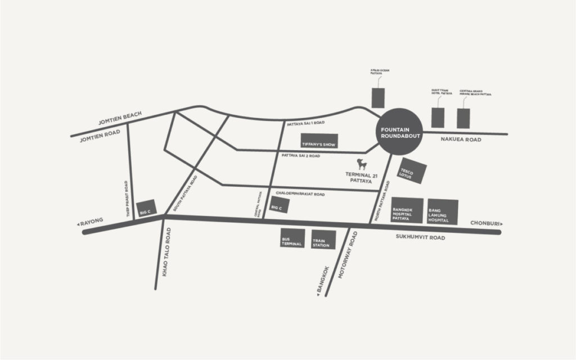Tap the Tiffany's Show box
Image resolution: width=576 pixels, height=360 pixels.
[x=318, y=142]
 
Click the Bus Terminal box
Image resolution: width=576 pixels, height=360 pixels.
[x=292, y=238]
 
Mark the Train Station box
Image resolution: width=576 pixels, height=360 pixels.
[x=323, y=238]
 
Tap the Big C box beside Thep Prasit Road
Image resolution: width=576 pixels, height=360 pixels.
[x=146, y=208]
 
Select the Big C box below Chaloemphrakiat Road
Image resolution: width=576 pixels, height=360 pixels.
[x=280, y=205]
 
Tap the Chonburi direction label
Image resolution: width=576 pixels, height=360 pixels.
[x=485, y=224]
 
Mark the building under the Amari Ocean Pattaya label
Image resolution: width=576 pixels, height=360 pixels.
[x=379, y=97]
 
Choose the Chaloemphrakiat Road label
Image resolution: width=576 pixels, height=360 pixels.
[x=300, y=194]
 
